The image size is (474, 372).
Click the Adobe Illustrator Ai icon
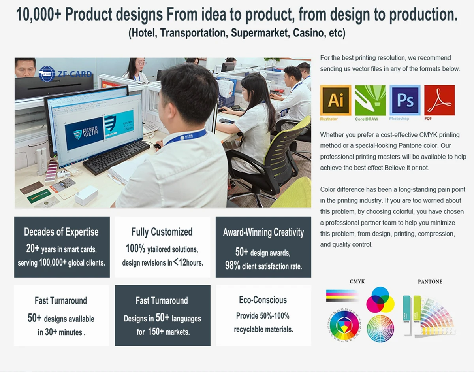coord(335,100)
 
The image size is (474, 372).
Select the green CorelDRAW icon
coord(370,100)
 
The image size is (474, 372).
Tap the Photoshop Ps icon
coord(405,100)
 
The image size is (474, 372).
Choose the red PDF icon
coord(440,100)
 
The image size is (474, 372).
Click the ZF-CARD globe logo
coord(47,74)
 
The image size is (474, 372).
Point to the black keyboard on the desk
coord(117,157)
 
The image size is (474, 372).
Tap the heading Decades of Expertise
coord(61,232)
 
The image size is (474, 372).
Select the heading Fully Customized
coord(162,232)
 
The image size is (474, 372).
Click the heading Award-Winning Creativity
coord(263,232)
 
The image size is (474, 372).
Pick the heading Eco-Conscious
coord(263,300)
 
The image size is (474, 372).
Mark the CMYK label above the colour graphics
coord(357,281)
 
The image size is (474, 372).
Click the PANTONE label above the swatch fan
coord(430,282)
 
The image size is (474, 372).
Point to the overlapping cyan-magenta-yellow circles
coord(380,300)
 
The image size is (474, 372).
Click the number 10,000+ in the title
coord(39,15)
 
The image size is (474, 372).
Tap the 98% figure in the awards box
coord(233,266)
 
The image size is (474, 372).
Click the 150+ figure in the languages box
coord(156,332)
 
